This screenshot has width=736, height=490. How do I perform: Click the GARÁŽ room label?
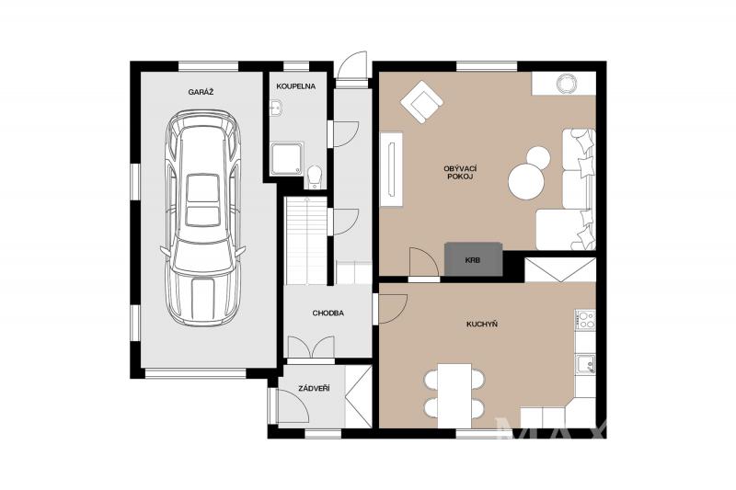201,92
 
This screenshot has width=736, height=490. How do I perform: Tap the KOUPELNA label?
295,86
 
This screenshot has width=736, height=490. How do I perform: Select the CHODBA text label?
328,313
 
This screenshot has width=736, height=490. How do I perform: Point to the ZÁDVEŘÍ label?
314,388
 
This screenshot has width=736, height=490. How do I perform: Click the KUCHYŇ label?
482,324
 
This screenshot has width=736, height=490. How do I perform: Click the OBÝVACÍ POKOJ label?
460,173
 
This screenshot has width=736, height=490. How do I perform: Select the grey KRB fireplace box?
474,259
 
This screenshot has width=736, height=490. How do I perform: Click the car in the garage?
202,219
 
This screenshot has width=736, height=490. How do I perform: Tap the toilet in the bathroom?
315,177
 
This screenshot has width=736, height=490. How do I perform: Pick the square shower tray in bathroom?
287,158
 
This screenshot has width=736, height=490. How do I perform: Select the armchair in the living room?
422,102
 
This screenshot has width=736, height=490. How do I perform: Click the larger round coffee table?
526,180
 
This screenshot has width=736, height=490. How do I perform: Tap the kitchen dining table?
454,395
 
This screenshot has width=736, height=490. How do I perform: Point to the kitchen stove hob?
586,320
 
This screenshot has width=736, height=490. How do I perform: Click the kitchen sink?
586,364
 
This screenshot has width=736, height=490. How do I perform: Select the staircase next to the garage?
306,241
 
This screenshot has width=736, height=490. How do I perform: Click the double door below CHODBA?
311,347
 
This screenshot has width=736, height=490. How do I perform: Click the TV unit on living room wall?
392,169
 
